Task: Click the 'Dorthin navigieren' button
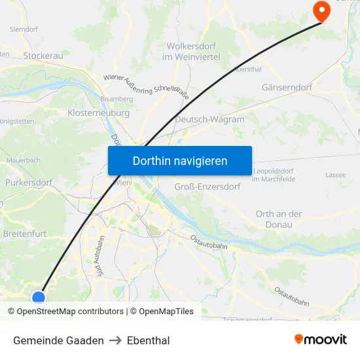tap(180, 160)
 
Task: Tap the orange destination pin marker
tap(321, 11)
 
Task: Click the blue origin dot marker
tap(39, 298)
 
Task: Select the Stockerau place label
tap(43, 56)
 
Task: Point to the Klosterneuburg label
tap(98, 113)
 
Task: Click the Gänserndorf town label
tap(287, 87)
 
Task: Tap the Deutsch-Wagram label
tap(209, 120)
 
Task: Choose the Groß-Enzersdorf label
tap(207, 187)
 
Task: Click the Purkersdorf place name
tap(28, 183)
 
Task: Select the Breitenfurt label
tap(26, 232)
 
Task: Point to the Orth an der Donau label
tap(279, 219)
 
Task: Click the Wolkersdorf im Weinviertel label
tap(192, 52)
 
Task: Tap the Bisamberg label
tap(117, 98)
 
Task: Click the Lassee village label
tap(336, 175)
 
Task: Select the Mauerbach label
tap(24, 160)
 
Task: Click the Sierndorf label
tap(24, 29)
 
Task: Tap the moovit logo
tap(321, 339)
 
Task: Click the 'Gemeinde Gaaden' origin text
tap(58, 340)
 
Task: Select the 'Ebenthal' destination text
tap(149, 340)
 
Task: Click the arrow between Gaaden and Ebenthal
tap(115, 340)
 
